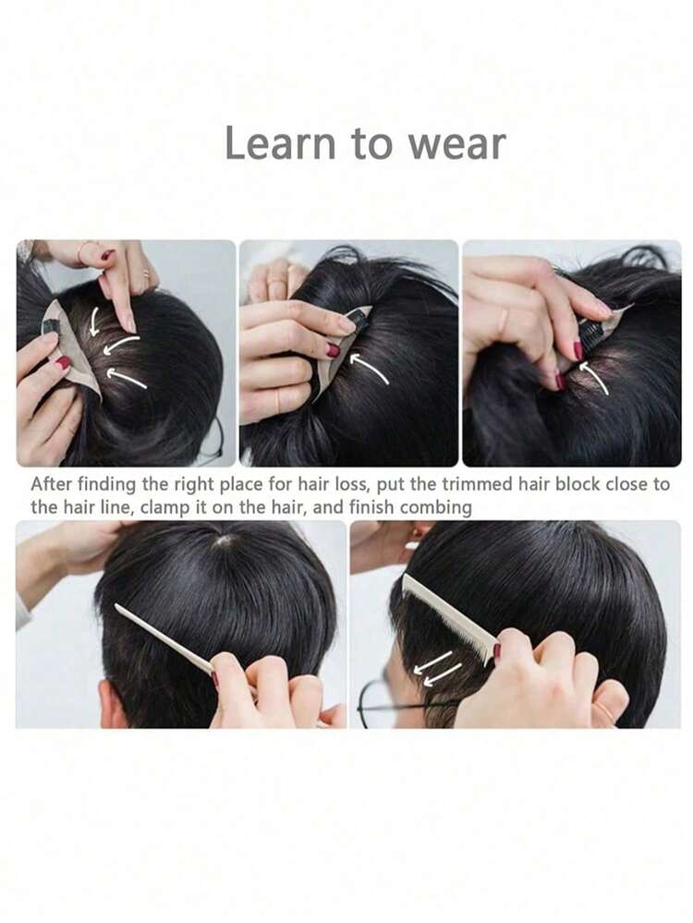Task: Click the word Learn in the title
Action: pyautogui.click(x=280, y=143)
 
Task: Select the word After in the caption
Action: pyautogui.click(x=51, y=484)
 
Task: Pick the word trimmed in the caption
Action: pyautogui.click(x=477, y=484)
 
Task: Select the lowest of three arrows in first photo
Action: pyautogui.click(x=127, y=378)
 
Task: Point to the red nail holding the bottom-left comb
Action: pyautogui.click(x=215, y=680)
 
